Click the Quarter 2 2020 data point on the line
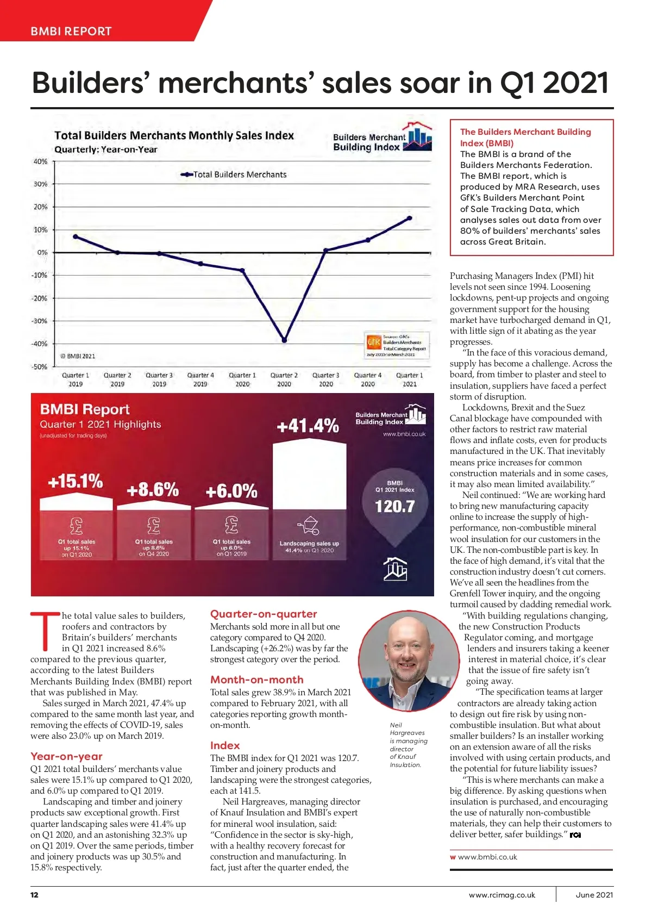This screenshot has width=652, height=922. tap(284, 340)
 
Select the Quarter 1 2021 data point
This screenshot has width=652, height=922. tap(409, 219)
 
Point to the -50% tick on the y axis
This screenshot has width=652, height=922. tap(40, 366)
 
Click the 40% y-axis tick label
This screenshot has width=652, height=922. tap(41, 161)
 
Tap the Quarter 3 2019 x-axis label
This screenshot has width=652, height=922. tap(159, 379)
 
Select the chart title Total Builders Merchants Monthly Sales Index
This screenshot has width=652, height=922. tap(174, 135)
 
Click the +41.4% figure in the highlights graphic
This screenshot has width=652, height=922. tap(308, 426)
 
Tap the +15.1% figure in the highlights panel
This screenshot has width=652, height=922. tap(76, 481)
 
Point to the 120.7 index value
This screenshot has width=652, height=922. tap(395, 507)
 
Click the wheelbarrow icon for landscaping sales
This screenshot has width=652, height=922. tap(309, 526)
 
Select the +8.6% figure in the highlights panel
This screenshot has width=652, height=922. tap(153, 490)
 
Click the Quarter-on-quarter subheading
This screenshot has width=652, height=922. tap(264, 614)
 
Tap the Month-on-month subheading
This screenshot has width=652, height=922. tap(257, 680)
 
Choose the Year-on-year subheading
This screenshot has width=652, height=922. tap(66, 756)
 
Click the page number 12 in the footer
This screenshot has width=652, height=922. tap(34, 895)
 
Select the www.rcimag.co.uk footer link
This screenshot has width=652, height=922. tap(502, 895)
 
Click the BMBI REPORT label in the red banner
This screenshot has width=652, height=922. tap(71, 31)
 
